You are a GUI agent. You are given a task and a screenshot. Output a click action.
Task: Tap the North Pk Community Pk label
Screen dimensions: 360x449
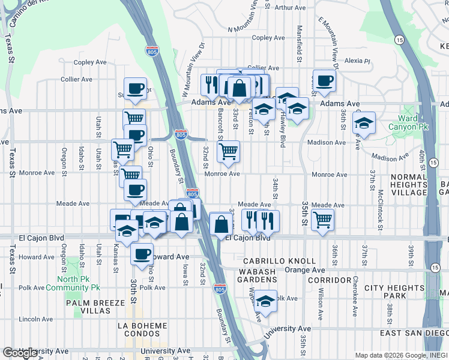coord(78,283)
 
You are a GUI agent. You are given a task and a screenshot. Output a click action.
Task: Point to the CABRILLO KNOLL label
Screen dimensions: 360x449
coord(279,261)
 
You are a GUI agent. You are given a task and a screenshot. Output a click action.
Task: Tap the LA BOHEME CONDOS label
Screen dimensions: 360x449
coord(143,330)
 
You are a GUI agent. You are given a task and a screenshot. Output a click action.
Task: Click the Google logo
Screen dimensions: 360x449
coord(20,353)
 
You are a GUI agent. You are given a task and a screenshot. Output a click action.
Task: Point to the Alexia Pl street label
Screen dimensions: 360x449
coord(357,61)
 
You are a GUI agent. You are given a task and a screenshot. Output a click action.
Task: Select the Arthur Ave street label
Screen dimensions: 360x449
coord(291,8)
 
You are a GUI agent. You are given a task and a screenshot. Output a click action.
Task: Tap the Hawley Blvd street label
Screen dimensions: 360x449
coord(281,131)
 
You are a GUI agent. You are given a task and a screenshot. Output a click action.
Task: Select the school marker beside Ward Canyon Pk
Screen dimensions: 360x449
coord(363,124)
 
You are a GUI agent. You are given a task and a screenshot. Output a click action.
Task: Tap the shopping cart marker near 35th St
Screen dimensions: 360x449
coord(323,220)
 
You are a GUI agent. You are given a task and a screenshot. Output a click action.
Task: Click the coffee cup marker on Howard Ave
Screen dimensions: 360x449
coord(142,254)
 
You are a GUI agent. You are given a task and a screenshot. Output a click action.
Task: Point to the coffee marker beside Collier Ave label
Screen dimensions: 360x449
coord(325,81)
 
